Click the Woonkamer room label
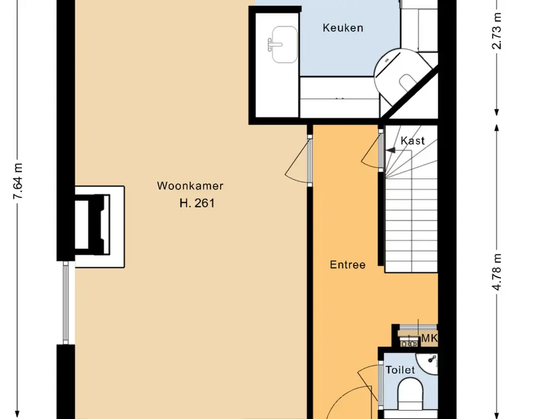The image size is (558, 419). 190,185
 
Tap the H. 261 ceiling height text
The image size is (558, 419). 197,203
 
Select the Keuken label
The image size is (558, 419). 343,27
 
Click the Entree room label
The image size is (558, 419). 348,265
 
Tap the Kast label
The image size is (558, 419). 413,141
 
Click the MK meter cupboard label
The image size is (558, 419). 429,338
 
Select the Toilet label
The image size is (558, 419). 400,370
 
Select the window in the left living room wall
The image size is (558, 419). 65,302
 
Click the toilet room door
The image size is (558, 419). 380,387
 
